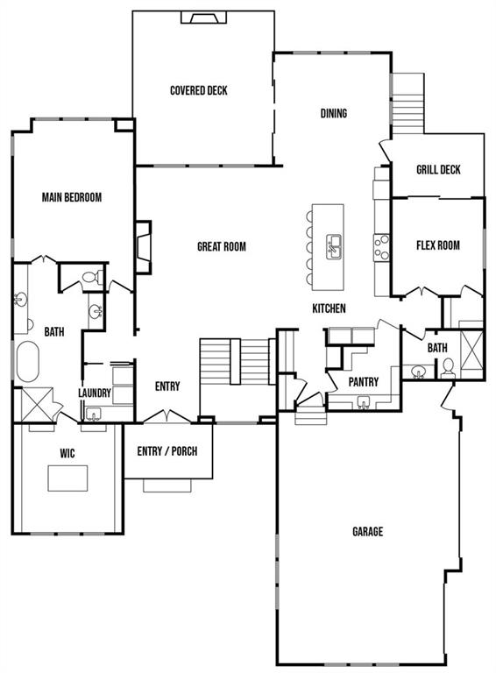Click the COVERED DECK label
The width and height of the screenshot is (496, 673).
point(199,90)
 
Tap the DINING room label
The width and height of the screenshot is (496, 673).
point(334,113)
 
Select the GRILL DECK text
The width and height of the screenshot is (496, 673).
point(438,169)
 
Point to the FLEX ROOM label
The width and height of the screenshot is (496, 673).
point(437,245)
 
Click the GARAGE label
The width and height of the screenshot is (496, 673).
point(368,532)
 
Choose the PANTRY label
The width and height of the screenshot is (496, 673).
point(364,381)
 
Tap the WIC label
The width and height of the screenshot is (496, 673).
point(67,453)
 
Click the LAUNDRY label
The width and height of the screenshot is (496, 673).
point(95,393)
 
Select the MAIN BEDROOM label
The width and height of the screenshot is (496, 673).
point(72,197)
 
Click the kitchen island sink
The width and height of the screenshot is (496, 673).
point(333,247)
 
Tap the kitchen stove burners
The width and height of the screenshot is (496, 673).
point(381,247)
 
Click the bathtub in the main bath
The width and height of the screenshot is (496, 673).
point(27,361)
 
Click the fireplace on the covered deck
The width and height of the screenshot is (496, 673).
point(203,18)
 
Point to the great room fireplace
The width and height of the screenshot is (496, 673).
point(144,247)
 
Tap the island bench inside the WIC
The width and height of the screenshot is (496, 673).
point(67,478)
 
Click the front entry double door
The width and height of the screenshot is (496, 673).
point(167,417)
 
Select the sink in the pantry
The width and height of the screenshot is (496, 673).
point(364,402)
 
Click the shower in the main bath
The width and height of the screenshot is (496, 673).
point(37,404)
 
